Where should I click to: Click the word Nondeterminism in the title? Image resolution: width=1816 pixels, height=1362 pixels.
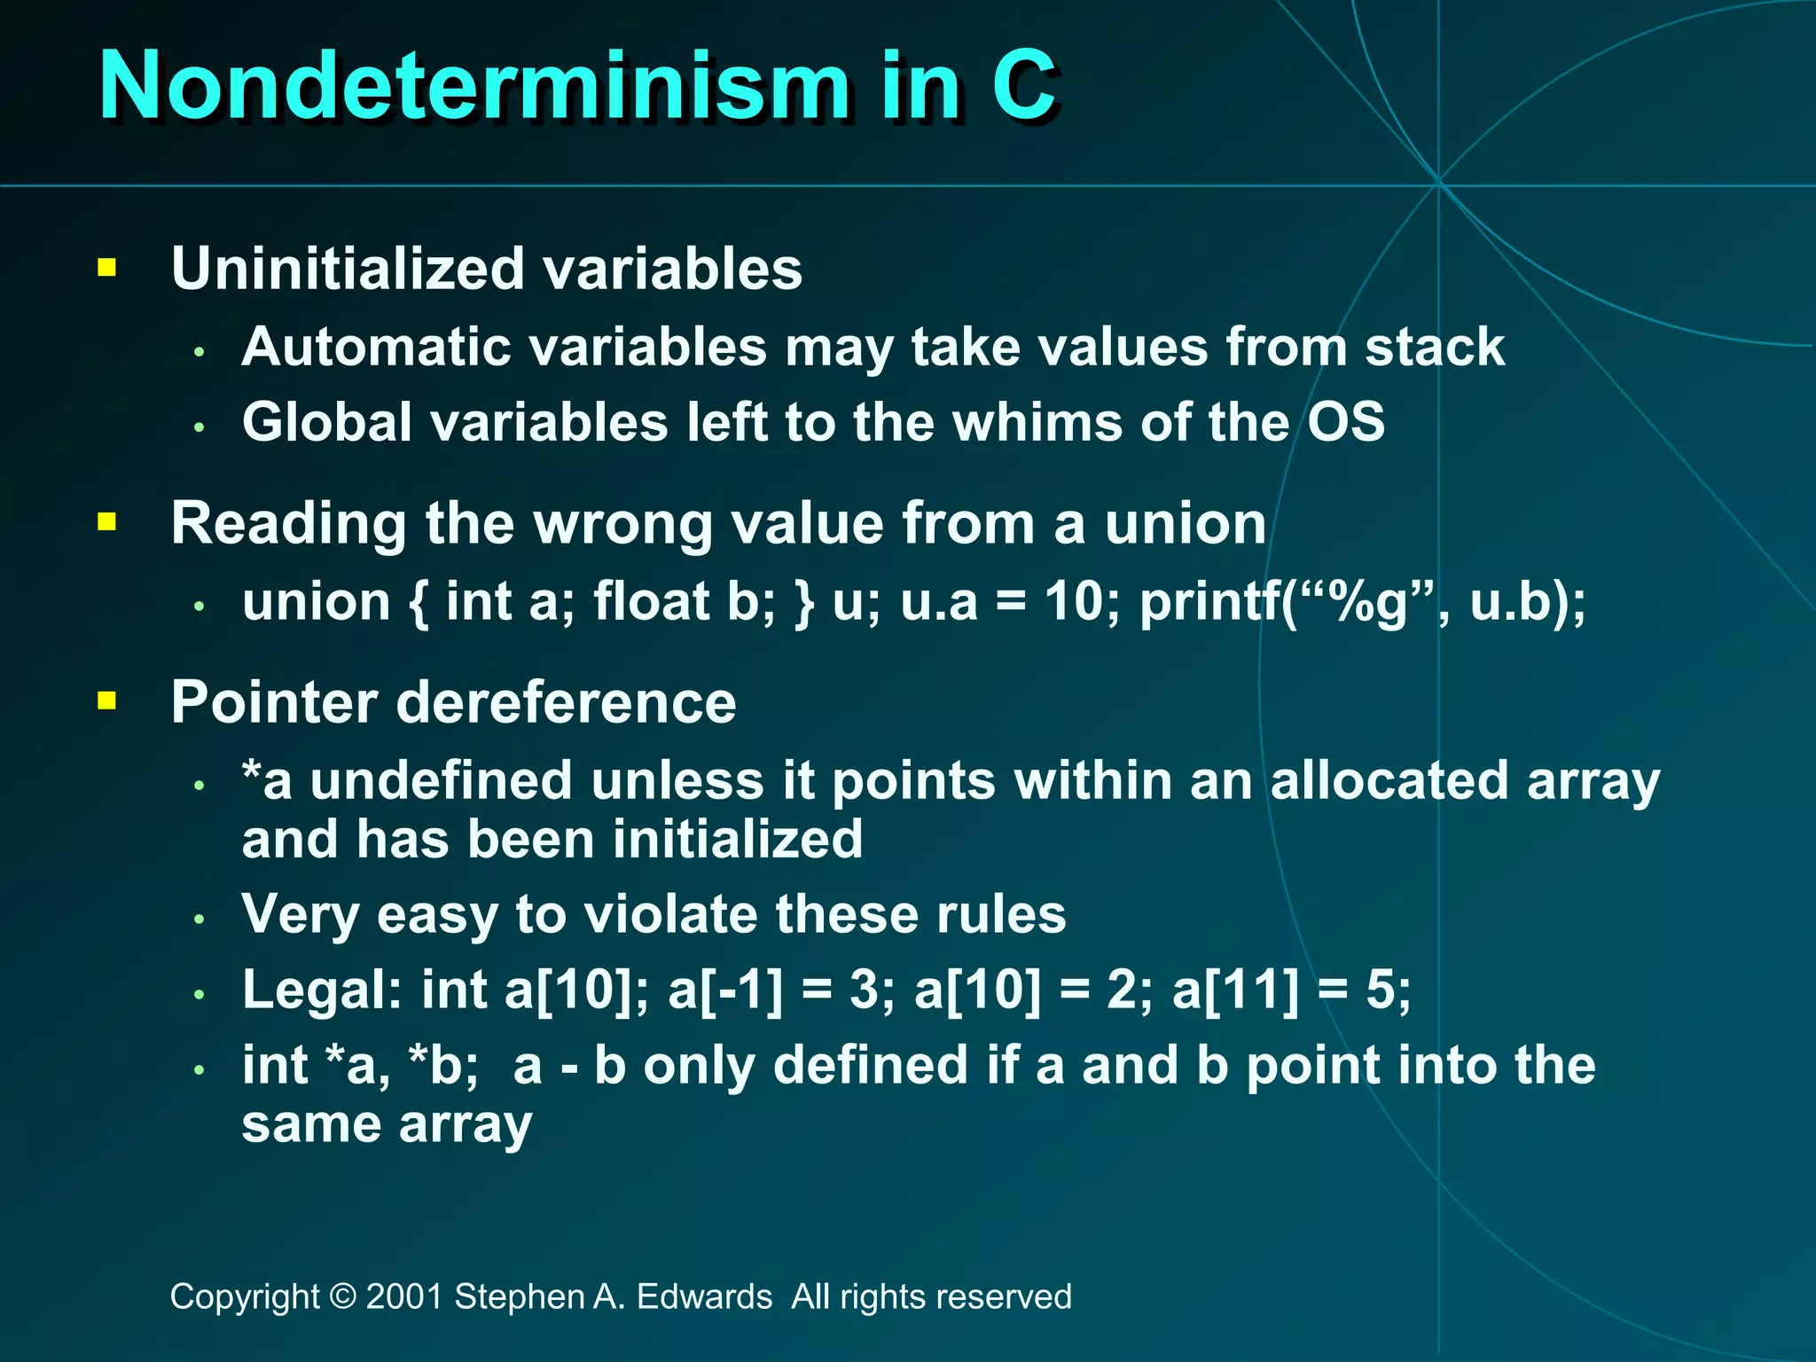474,86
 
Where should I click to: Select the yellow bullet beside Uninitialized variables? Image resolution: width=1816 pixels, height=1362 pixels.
107,267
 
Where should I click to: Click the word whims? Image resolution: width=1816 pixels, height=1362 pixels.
1037,422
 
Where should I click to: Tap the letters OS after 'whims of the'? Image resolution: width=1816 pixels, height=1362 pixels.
1346,422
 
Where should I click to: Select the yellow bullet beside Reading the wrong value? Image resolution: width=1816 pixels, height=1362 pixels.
107,521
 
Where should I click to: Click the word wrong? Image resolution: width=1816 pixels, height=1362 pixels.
622,523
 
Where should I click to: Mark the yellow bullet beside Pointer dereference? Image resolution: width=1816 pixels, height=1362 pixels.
107,701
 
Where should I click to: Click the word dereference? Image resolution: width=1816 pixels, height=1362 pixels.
566,702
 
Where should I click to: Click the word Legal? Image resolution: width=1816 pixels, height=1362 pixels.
322,990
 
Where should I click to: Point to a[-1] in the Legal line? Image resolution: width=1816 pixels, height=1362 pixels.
725,990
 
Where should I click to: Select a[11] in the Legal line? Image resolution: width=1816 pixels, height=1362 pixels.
1235,990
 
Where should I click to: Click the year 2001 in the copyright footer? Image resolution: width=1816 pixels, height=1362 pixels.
404,1296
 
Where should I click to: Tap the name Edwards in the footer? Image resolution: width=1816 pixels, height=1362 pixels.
704,1296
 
